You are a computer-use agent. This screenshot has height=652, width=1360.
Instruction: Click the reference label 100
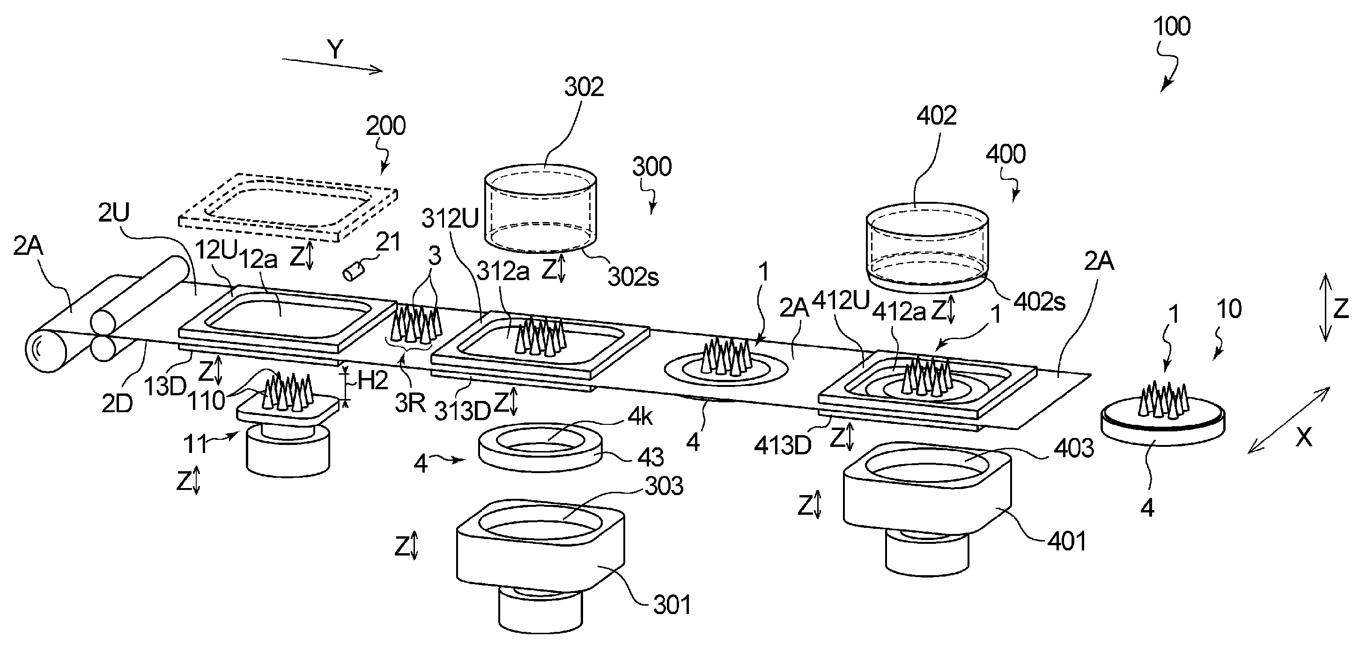1172,26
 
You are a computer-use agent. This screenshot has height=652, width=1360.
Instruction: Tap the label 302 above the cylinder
584,87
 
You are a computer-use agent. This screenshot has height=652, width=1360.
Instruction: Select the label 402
936,116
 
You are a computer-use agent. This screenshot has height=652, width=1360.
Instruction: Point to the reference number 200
385,126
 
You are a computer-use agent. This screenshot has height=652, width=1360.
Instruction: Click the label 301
672,605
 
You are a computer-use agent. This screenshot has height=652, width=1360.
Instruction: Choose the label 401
1066,541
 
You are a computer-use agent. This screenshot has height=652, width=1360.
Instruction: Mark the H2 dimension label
373,380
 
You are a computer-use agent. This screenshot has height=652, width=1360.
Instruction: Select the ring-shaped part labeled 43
539,447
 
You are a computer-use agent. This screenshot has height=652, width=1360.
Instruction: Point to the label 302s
633,277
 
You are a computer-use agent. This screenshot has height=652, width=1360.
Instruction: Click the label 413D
783,446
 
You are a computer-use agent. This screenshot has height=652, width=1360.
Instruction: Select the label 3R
410,404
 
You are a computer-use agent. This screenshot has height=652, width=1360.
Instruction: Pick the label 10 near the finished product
1228,309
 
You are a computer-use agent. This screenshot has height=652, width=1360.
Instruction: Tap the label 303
664,486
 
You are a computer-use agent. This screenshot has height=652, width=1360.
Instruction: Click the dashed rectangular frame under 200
288,207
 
